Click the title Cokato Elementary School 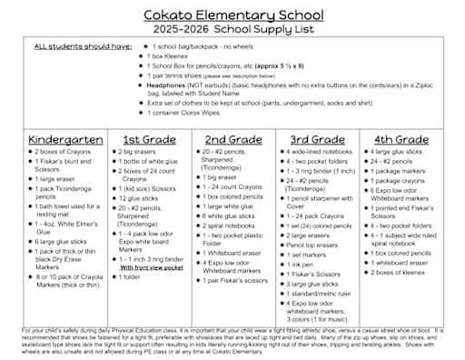pos(232,15)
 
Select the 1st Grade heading pos(149,139)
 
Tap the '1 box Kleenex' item pos(173,55)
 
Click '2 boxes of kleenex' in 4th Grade pos(405,273)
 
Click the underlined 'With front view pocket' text pos(155,268)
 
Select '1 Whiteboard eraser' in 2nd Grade pos(236,252)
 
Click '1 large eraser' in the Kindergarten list pos(62,180)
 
